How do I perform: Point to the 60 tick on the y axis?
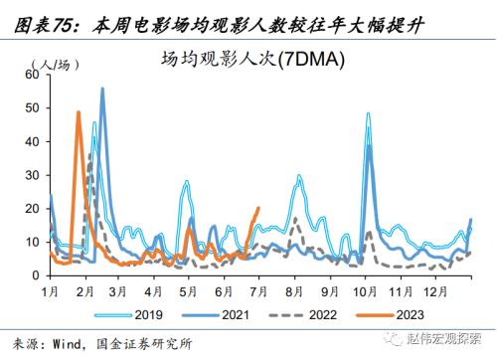(x=30, y=75)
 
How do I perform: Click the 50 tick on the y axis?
(x=30, y=107)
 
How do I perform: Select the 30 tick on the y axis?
(x=30, y=175)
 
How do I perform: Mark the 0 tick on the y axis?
(x=34, y=275)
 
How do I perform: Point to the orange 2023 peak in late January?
(x=79, y=112)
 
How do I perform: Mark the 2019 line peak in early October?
(x=368, y=113)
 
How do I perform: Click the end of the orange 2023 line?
(x=258, y=208)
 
